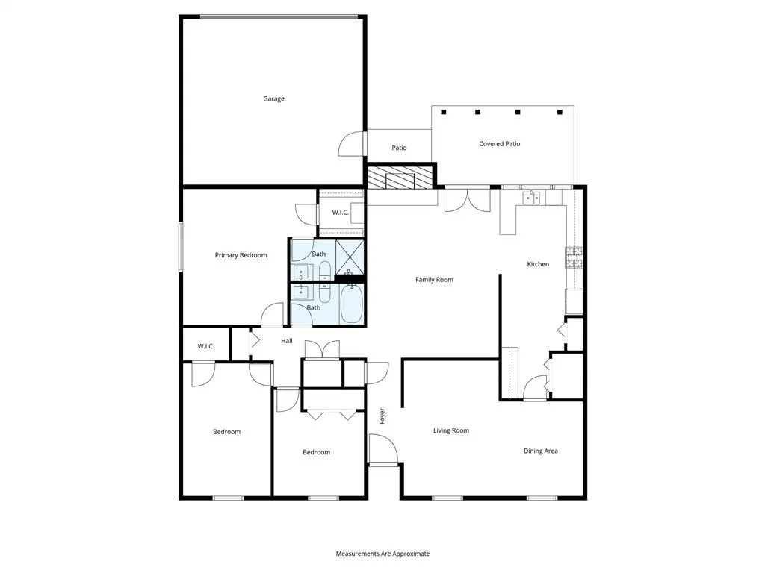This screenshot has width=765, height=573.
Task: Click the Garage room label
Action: (x=273, y=98)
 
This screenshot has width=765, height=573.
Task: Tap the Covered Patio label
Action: (x=499, y=144)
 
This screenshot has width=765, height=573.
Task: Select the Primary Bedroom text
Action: (x=241, y=255)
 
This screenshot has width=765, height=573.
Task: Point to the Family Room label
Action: (x=434, y=280)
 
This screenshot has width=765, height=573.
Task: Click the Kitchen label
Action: (x=538, y=264)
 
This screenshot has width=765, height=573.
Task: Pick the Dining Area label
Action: (x=540, y=451)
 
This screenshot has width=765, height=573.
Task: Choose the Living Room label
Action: (x=451, y=430)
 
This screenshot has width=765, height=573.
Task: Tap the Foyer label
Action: (x=382, y=416)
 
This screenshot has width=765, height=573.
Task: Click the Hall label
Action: (x=286, y=341)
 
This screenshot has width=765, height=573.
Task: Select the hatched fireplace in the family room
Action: (x=400, y=178)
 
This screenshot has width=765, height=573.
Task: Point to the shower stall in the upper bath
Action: (x=349, y=256)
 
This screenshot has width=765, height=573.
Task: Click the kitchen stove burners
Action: (x=574, y=257)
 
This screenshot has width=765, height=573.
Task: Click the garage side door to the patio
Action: (x=351, y=143)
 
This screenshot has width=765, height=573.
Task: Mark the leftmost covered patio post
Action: (x=444, y=113)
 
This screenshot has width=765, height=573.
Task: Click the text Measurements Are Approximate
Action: (x=382, y=554)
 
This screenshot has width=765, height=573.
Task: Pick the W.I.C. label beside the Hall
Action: (x=206, y=346)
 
